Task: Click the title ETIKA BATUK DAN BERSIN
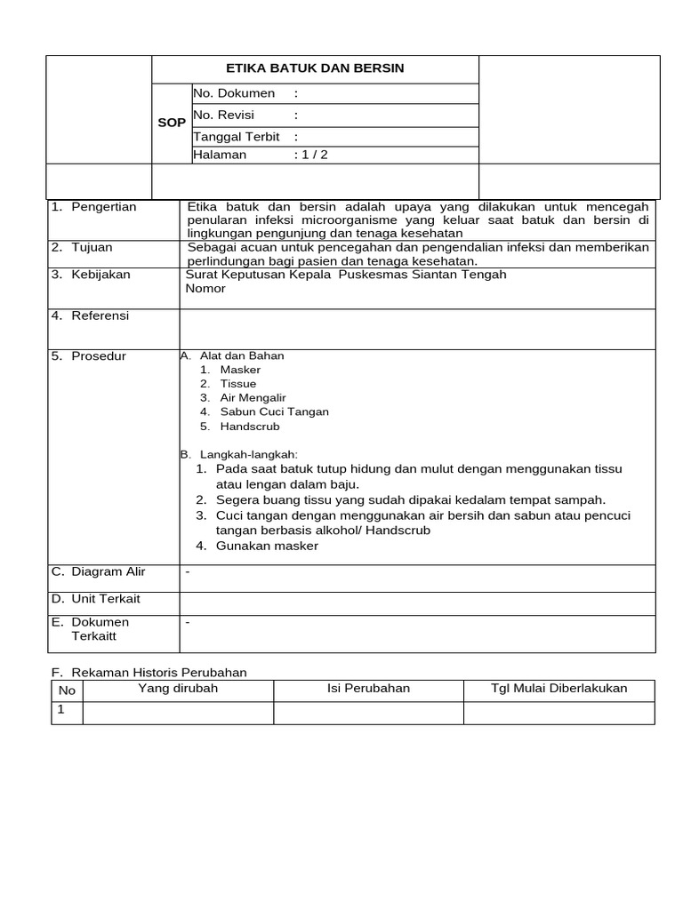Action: coord(316,68)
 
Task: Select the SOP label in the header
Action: coord(172,123)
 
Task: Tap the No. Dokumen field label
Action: coord(234,93)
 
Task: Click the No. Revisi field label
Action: coord(223,115)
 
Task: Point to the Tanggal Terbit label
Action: coord(237,137)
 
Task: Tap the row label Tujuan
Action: coord(92,247)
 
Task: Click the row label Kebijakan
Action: coord(100,275)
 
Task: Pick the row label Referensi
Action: coord(100,315)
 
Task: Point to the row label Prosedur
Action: coord(99,356)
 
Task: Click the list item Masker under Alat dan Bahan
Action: coord(240,370)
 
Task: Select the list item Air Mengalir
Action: coord(253,398)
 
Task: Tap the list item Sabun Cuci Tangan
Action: coord(274,412)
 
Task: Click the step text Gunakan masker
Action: coord(267,546)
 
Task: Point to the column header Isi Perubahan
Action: coord(368,689)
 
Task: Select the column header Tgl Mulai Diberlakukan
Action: coord(558,689)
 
